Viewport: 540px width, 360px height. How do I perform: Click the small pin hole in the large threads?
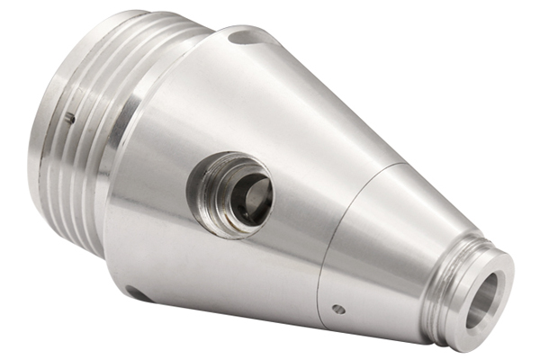(x=69, y=117)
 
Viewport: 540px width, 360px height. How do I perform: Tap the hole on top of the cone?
(x=240, y=38)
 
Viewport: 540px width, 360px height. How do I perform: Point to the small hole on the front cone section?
(x=337, y=309)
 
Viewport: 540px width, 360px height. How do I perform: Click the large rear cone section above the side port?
(x=270, y=108)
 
